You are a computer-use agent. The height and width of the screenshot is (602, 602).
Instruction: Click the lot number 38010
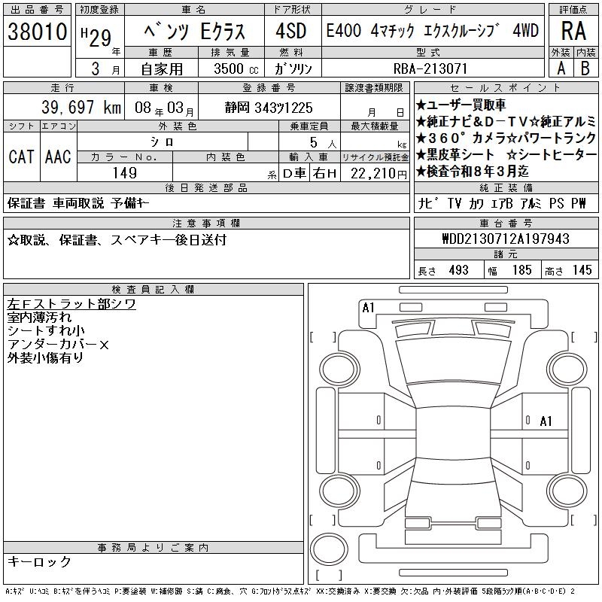pos(37,32)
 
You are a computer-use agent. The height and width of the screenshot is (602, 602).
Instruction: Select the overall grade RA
pos(573,31)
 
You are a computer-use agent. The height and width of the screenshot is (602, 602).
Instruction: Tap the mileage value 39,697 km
pos(81,108)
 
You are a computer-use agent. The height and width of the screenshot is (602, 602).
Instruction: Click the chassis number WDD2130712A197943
pos(506,239)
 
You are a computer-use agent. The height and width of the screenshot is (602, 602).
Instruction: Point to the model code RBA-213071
pos(430,68)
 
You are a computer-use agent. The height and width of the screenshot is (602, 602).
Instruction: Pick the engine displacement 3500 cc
pos(236,68)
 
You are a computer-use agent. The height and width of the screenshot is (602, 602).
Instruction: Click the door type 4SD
pos(291,31)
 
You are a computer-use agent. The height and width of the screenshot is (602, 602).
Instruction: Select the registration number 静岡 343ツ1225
pos(269,108)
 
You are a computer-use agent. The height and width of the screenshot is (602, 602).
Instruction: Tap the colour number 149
pos(125,173)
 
